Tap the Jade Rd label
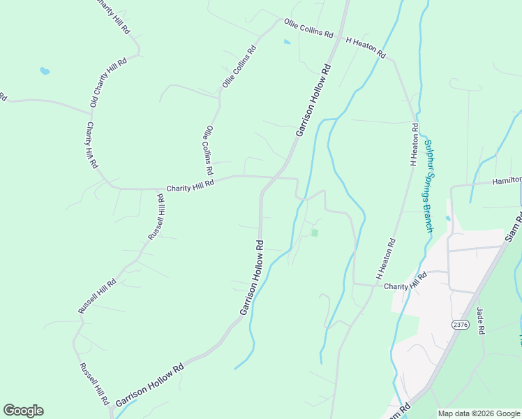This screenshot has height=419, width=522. (x=480, y=321)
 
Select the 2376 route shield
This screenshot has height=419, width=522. (x=460, y=325)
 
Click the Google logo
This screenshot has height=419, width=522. (x=23, y=411)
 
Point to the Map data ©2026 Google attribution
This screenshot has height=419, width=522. (x=478, y=413)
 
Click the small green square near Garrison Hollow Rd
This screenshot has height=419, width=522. (x=315, y=233)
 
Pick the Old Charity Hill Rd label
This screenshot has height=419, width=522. (x=109, y=82)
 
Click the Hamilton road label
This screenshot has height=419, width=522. (x=507, y=180)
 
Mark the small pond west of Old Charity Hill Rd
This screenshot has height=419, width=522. (x=45, y=71)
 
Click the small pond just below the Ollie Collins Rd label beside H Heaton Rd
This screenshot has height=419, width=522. (x=288, y=42)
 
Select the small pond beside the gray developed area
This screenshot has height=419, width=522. (x=447, y=219)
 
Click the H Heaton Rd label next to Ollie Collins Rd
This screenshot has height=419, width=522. (x=366, y=47)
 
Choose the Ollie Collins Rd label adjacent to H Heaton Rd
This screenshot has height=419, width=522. (x=308, y=29)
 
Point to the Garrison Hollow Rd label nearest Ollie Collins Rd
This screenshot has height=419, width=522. (x=313, y=101)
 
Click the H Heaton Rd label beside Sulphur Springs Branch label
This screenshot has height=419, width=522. (x=415, y=145)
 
